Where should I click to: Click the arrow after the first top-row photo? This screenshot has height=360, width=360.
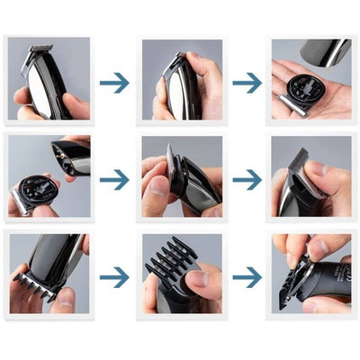[113, 83]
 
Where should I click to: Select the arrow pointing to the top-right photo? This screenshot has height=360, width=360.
[247, 83]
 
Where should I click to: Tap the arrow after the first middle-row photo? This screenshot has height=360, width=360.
[113, 179]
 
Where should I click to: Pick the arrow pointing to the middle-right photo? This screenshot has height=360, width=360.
[247, 179]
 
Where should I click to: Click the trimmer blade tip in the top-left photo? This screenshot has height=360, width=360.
[38, 50]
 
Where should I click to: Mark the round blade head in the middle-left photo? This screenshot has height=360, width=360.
[33, 190]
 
